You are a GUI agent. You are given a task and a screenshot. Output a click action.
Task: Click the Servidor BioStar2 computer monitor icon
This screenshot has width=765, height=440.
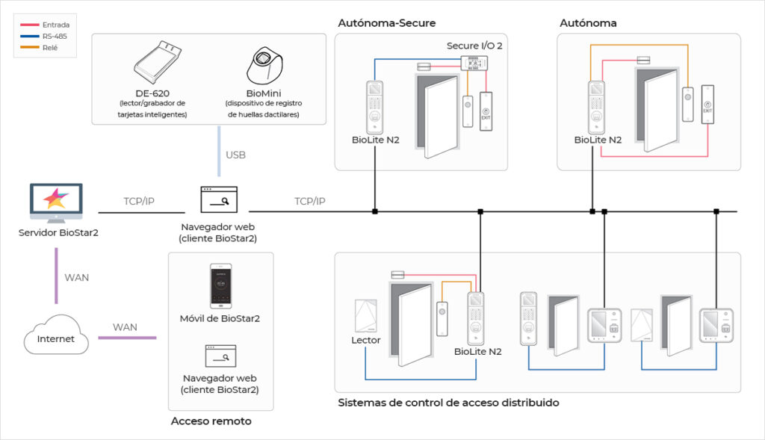57,200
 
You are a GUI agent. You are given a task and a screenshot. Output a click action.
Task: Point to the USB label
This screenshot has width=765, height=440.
235,155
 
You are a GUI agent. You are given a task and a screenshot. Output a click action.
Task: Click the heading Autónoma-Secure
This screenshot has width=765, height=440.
386,23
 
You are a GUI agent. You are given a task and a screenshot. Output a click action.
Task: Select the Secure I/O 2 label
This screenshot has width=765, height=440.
474,46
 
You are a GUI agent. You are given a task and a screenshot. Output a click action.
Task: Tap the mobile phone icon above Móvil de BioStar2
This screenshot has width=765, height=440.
220,286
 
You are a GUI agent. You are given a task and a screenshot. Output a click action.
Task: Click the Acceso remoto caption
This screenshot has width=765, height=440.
211,421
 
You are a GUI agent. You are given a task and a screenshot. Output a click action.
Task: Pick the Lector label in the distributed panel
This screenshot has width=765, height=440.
366,340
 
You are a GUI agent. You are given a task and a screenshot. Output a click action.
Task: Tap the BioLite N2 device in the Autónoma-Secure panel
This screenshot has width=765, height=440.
375,106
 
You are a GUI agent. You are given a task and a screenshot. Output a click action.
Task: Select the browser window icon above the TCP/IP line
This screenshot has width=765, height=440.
219,200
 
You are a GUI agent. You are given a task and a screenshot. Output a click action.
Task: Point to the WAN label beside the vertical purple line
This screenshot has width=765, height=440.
77,277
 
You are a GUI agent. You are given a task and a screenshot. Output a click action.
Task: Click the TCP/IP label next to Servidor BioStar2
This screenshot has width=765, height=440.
140,202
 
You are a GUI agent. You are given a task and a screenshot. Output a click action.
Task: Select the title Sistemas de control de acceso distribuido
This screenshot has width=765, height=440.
448,403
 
